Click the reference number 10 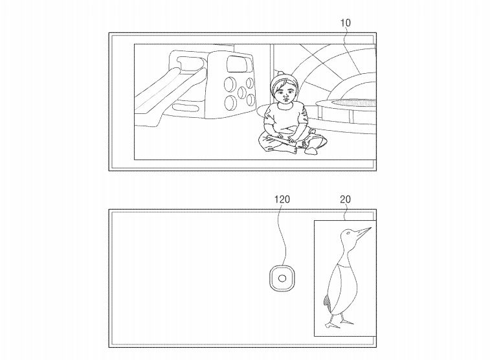(x=345, y=23)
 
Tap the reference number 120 (x=282, y=199)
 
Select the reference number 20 (x=345, y=199)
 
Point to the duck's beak (x=363, y=232)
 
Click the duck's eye (x=348, y=233)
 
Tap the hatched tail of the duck (x=327, y=301)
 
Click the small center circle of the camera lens (x=282, y=278)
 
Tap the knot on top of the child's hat (x=280, y=74)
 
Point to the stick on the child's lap (x=281, y=140)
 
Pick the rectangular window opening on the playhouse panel (x=239, y=64)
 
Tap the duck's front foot (x=346, y=321)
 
